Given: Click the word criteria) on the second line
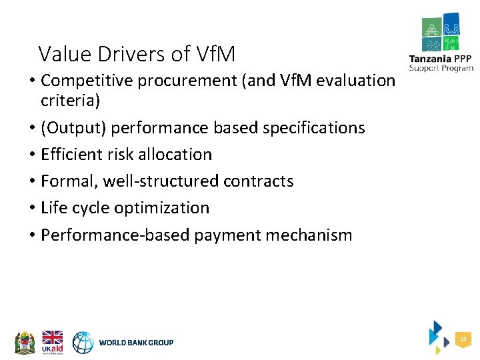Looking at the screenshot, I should click(x=70, y=101).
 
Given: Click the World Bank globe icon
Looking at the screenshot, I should click(x=83, y=343).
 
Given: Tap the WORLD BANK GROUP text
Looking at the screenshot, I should click(x=136, y=343).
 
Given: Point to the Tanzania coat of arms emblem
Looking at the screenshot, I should click(x=25, y=342).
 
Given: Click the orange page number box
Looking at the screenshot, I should click(x=463, y=340).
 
